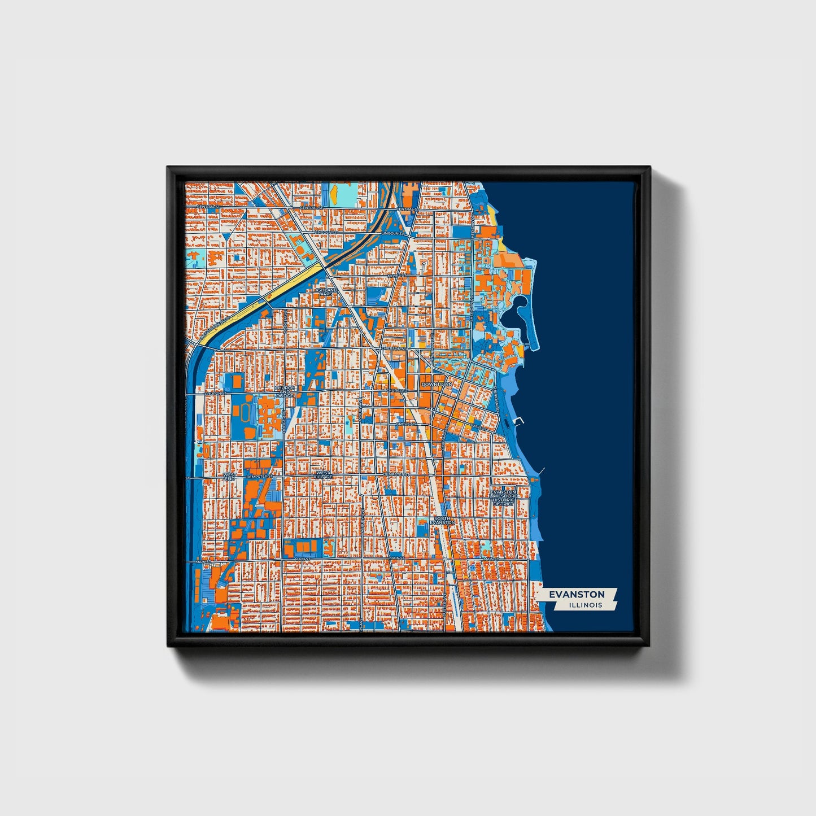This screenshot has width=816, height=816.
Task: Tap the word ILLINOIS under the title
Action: coord(586,605)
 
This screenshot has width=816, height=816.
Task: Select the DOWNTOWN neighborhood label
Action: coord(437,384)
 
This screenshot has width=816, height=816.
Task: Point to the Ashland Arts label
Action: coord(326,292)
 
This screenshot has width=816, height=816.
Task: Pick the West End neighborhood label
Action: coord(229,477)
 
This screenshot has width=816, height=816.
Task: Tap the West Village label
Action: coord(323,475)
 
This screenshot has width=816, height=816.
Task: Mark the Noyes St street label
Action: coord(396,275)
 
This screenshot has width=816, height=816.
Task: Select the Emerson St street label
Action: coord(394,348)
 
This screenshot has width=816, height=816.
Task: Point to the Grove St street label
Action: coord(405,423)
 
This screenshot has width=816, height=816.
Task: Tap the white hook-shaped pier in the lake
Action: coord(520,420)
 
